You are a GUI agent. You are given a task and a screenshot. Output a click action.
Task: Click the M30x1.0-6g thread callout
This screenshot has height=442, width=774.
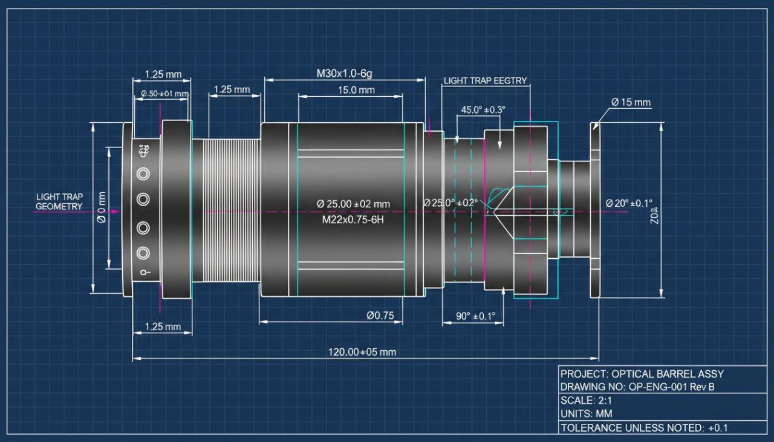(x=344, y=74)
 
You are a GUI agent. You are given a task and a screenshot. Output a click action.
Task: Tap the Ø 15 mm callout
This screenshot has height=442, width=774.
(x=631, y=102)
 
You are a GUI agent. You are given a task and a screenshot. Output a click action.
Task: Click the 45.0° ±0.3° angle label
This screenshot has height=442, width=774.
(x=483, y=110)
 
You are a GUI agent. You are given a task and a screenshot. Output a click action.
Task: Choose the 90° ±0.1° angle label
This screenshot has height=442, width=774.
(x=475, y=316)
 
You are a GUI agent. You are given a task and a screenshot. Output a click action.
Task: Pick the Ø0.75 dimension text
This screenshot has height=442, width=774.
(x=380, y=315)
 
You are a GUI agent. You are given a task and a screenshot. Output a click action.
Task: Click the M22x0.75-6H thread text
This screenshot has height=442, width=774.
(x=353, y=219)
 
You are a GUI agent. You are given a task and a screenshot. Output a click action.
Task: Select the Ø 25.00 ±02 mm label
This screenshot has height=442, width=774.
(x=353, y=204)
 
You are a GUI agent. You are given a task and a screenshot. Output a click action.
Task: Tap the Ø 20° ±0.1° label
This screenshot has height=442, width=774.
(x=629, y=204)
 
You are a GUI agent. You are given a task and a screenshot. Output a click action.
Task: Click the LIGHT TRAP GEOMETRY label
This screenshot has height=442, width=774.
(x=59, y=201)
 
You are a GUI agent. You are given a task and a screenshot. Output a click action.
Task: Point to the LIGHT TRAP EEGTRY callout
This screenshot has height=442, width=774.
(x=485, y=80)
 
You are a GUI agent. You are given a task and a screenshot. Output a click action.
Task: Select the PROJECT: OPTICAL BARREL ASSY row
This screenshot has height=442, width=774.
(x=642, y=374)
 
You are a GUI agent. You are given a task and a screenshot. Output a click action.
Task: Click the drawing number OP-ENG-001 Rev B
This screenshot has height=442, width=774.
(x=637, y=387)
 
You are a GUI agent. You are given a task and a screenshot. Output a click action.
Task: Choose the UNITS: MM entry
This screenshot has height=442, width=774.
(x=586, y=414)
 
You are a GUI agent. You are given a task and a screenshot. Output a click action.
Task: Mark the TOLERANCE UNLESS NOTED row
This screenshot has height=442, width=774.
(x=644, y=427)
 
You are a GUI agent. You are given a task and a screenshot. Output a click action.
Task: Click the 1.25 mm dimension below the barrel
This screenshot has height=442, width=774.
(x=163, y=327)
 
